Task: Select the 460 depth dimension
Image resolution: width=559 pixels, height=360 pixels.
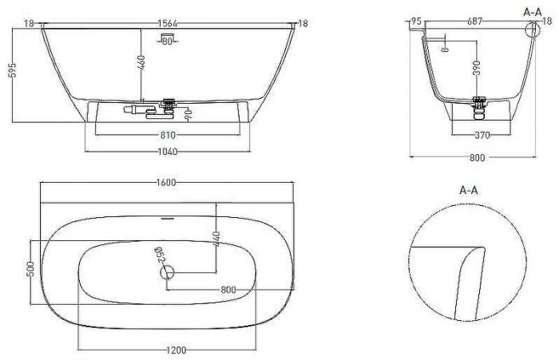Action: point(141,64)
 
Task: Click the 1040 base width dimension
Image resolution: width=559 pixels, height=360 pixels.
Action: point(168,151)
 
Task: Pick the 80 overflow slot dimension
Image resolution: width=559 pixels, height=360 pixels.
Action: point(168,41)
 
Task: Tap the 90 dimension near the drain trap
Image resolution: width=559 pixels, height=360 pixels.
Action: point(188,117)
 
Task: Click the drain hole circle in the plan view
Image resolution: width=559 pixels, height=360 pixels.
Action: point(168,273)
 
